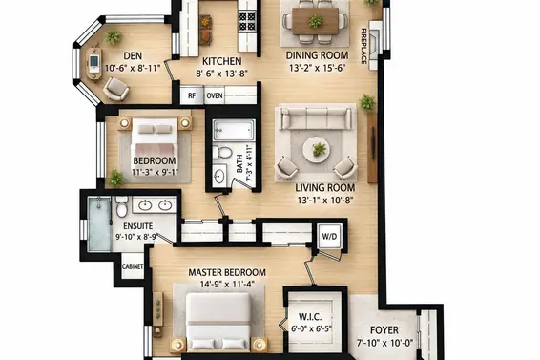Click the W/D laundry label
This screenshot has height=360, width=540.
point(329,237)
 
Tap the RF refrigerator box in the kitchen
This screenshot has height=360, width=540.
point(192,95)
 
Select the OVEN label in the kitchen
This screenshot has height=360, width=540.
point(215,95)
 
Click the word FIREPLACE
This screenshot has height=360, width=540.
point(363,46)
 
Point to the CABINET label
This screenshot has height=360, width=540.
point(133,266)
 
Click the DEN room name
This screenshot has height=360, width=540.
point(133,55)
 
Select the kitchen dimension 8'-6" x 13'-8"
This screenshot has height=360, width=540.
point(221,74)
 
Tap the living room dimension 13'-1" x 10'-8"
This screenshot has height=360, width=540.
point(325,200)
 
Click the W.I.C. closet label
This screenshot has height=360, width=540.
point(310,317)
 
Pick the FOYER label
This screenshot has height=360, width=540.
point(384,330)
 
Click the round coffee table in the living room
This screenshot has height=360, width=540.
point(316,150)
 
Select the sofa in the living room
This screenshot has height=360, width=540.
point(316,118)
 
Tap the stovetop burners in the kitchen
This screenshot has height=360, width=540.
point(247,21)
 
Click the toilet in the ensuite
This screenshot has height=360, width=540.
point(121,207)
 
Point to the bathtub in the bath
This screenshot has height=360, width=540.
point(234,130)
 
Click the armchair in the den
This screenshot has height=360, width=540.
point(116,89)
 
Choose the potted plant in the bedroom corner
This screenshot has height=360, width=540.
point(116,178)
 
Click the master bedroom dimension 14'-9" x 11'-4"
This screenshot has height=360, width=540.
point(227,285)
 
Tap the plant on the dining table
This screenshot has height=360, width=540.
point(316,21)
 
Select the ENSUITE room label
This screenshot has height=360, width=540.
point(138,226)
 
